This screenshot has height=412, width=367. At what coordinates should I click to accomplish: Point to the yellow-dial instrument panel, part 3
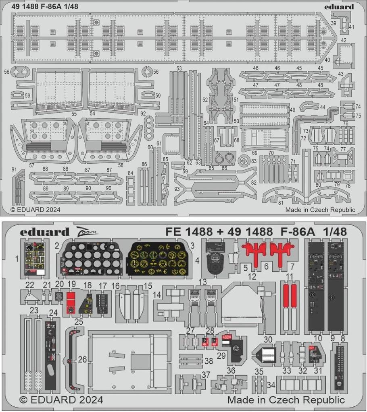158,259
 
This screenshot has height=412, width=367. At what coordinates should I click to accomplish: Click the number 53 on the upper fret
179,68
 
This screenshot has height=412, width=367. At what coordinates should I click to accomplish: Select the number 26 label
82,359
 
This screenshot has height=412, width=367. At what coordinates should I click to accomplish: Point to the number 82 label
253,182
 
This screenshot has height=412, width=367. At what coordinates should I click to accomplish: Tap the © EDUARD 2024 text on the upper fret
35,209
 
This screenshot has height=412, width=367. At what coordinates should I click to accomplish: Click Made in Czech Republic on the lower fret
286,400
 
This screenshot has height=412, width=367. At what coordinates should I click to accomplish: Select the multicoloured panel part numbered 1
35,259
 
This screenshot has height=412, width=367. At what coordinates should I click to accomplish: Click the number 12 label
252,276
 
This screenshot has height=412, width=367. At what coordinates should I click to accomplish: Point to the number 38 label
209,361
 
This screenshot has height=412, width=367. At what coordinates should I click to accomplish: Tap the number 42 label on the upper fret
344,40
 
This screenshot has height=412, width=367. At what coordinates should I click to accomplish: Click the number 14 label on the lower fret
156,295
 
